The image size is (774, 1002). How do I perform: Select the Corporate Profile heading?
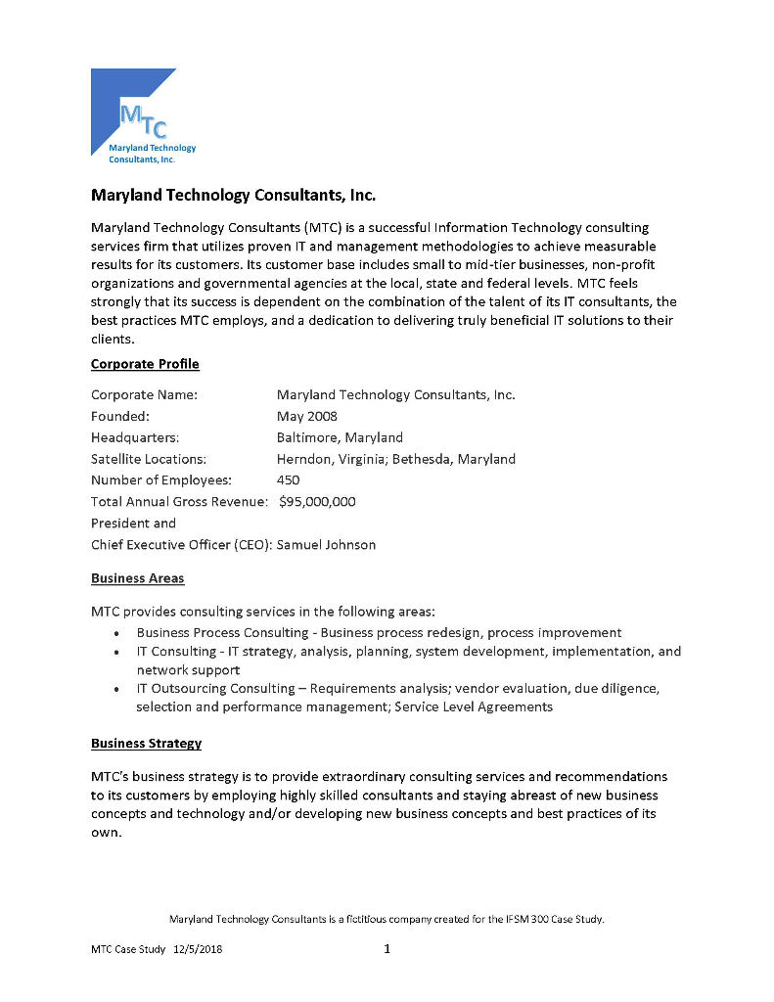click(145, 364)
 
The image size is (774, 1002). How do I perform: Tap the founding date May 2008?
click(307, 416)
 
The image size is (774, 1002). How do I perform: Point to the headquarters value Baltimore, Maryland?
click(340, 437)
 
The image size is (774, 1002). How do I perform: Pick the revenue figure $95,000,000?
click(318, 502)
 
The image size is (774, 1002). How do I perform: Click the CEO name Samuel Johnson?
click(326, 545)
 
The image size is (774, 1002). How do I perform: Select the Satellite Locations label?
click(149, 459)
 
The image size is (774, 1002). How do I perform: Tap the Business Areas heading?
click(137, 578)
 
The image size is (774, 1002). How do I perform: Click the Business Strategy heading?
click(146, 743)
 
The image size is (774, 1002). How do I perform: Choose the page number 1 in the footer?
click(387, 948)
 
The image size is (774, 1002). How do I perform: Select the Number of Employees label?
click(161, 480)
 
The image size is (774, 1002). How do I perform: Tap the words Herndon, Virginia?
click(332, 459)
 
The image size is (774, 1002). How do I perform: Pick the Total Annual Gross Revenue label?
click(179, 502)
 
